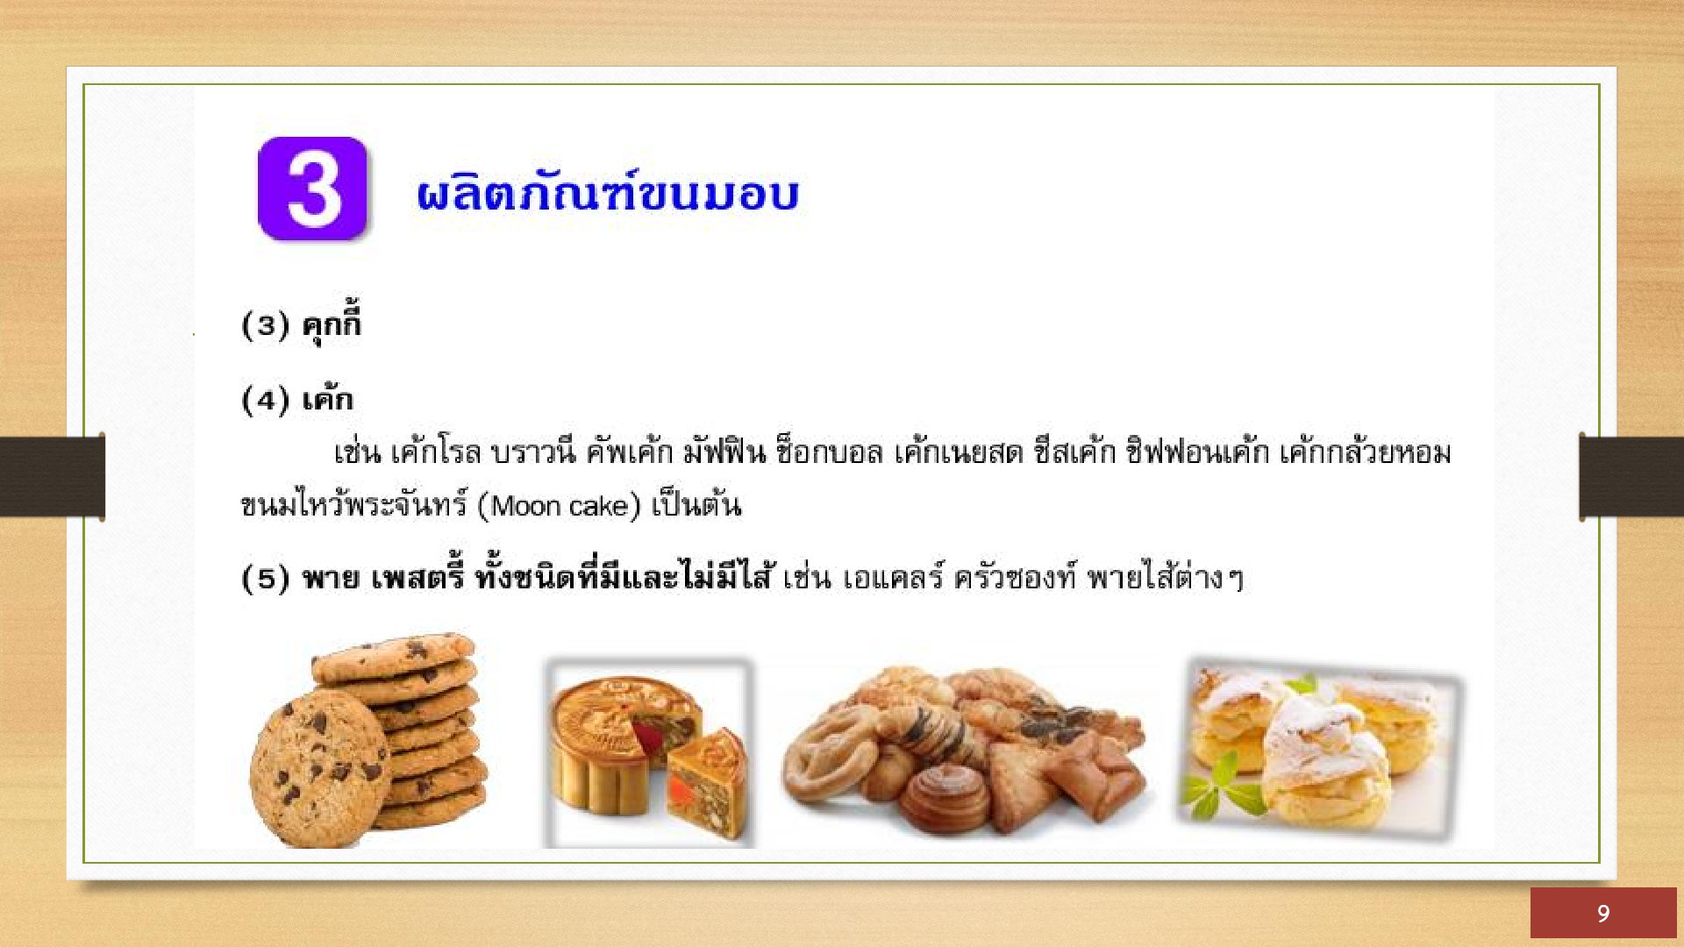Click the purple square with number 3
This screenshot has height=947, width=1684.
point(312,189)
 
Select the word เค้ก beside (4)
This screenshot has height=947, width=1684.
point(327,400)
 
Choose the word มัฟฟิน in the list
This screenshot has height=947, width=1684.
point(724,452)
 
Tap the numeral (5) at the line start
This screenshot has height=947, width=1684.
point(265,579)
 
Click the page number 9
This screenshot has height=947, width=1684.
point(1603,914)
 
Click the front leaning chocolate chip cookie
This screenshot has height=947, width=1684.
point(318,768)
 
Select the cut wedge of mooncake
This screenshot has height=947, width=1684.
point(707,783)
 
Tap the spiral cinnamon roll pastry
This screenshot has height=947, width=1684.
point(945,798)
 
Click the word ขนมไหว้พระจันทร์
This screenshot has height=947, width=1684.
point(354,505)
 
